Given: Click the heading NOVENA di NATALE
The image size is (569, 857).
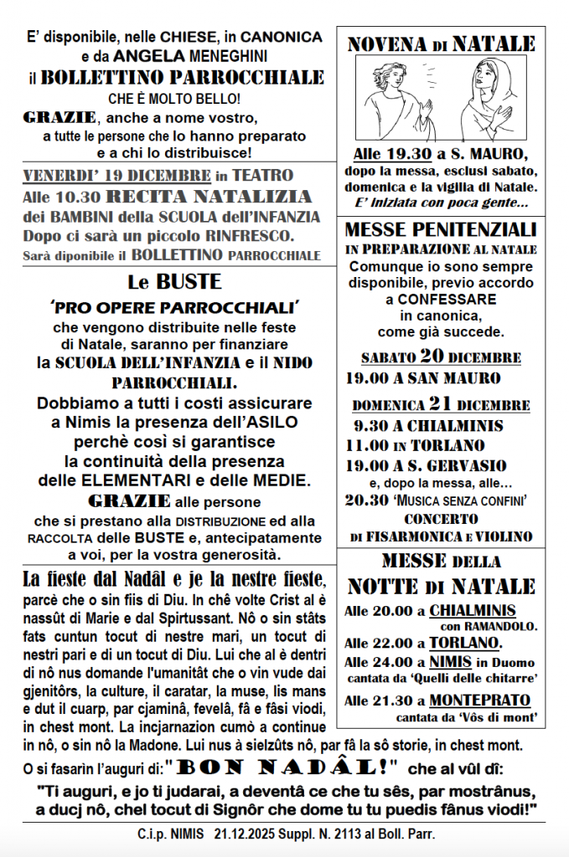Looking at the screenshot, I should pyautogui.click(x=441, y=44).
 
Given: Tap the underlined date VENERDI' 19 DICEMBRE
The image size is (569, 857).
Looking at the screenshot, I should pyautogui.click(x=116, y=176).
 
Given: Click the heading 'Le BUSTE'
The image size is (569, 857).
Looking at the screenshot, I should pyautogui.click(x=175, y=282).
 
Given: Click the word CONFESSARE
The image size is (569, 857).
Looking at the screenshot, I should pyautogui.click(x=441, y=300).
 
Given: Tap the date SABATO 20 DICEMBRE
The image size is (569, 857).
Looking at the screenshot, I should pyautogui.click(x=441, y=357).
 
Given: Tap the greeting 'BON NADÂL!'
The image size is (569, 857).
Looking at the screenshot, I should pyautogui.click(x=285, y=767).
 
